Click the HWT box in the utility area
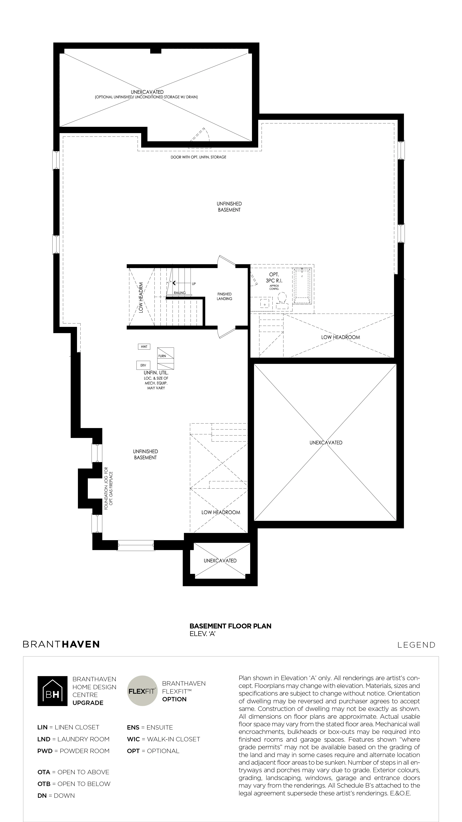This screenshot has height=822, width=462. coord(144,347)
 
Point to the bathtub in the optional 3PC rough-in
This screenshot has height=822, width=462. coord(302,286)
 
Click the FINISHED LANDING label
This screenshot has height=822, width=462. coord(224,296)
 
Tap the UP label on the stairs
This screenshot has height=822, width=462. coord(194,284)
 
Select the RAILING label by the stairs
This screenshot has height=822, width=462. coord(180,293)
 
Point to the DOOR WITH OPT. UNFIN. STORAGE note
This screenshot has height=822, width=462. coord(198,157)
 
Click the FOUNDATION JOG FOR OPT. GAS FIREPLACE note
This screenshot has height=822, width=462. coord(108,489)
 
